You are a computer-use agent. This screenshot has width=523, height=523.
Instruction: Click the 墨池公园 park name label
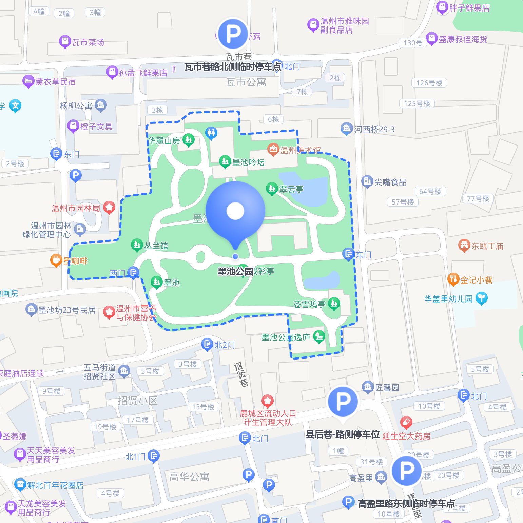(x=235, y=271)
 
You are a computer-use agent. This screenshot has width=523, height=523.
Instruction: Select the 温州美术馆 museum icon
(x=273, y=149)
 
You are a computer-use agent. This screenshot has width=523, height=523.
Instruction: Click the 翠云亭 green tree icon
(x=271, y=188)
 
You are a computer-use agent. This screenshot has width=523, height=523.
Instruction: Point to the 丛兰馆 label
(x=156, y=246)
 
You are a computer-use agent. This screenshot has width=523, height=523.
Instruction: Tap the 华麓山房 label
(x=164, y=140)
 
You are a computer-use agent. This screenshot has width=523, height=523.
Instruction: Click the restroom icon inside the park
(x=211, y=133)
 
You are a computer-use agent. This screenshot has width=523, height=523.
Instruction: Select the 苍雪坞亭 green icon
(x=334, y=303)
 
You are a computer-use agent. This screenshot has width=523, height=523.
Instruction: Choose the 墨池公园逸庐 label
(x=286, y=337)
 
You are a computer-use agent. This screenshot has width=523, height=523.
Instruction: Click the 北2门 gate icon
(x=207, y=344)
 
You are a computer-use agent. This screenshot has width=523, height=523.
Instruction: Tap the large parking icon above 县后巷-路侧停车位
(x=343, y=402)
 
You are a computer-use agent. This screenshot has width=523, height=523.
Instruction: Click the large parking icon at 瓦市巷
(x=233, y=34)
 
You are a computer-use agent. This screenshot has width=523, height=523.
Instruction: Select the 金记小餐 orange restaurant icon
(x=453, y=279)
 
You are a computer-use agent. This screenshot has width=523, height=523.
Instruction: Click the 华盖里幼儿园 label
(x=448, y=299)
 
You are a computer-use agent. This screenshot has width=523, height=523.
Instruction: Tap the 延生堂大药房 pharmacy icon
(x=406, y=423)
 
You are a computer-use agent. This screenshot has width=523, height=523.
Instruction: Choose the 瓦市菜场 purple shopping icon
(x=64, y=42)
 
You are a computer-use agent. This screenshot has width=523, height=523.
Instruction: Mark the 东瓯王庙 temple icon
(x=464, y=246)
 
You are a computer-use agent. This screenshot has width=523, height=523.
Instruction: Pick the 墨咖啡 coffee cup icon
(x=56, y=260)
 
